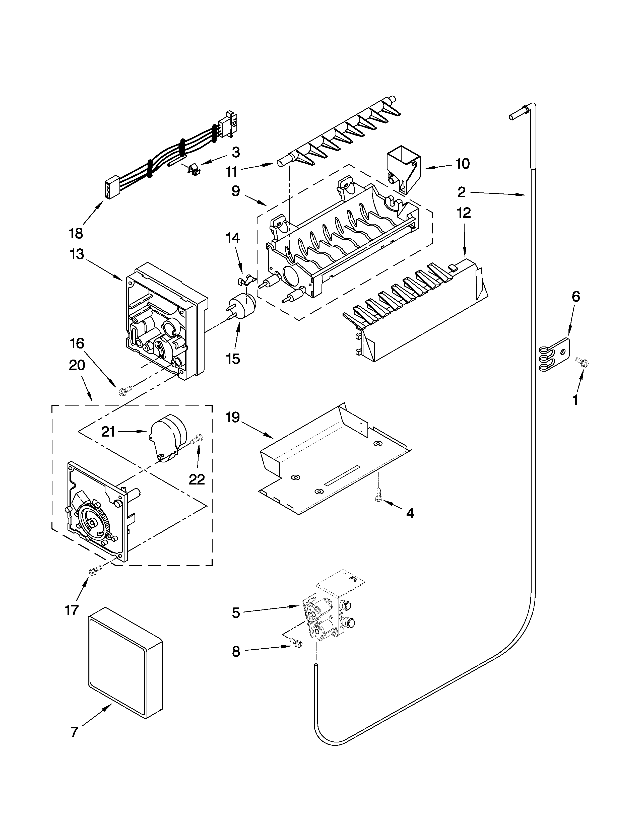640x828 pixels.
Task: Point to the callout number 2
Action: pyautogui.click(x=461, y=192)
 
